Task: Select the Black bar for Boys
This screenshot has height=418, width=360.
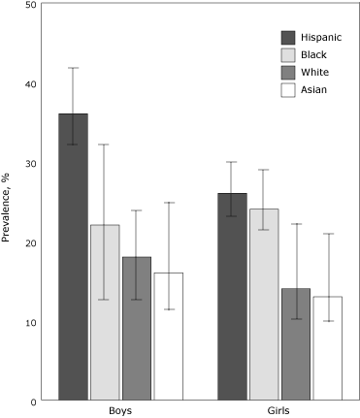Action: pyautogui.click(x=105, y=311)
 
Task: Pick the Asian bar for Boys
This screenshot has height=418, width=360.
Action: pyautogui.click(x=168, y=336)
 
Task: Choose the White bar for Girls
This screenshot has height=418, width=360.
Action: pyautogui.click(x=295, y=343)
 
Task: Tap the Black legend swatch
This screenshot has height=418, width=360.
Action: pyautogui.click(x=287, y=55)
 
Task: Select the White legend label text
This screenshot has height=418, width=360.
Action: pyautogui.click(x=316, y=73)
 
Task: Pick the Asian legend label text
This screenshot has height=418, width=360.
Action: pyautogui.click(x=315, y=90)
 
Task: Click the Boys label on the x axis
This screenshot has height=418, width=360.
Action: pyautogui.click(x=120, y=411)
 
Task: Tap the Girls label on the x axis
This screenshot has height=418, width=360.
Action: pyautogui.click(x=279, y=411)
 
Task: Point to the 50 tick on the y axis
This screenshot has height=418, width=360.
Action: pyautogui.click(x=32, y=5)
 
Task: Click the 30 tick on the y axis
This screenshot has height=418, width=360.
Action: pyautogui.click(x=32, y=163)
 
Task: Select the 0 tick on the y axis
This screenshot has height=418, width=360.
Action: pyautogui.click(x=35, y=401)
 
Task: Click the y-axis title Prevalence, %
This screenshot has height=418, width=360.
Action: pyautogui.click(x=9, y=203)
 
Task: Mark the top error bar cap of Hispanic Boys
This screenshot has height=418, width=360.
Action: pyautogui.click(x=73, y=68)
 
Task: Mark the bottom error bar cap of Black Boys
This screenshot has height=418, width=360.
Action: pyautogui.click(x=105, y=300)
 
